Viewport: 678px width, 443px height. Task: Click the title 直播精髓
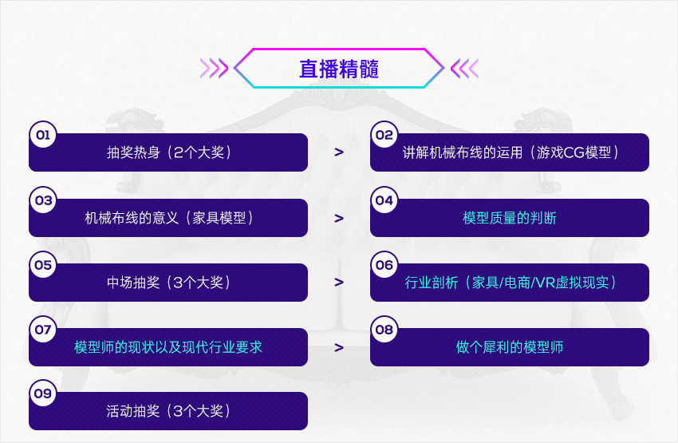pyautogui.click(x=339, y=69)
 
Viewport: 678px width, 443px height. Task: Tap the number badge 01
pyautogui.click(x=43, y=135)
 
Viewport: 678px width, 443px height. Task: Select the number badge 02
pyautogui.click(x=384, y=135)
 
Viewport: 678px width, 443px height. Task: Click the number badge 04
pyautogui.click(x=384, y=200)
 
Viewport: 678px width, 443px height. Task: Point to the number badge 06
pyautogui.click(x=384, y=264)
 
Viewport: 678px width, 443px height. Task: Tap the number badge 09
pyautogui.click(x=43, y=393)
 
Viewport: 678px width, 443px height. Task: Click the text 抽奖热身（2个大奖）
pyautogui.click(x=168, y=152)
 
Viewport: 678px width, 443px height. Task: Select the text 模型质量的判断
pyautogui.click(x=510, y=218)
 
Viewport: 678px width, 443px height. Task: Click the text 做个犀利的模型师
pyautogui.click(x=510, y=347)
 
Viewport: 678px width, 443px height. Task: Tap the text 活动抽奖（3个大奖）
pyautogui.click(x=168, y=411)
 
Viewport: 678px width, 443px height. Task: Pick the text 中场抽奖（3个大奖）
pyautogui.click(x=168, y=283)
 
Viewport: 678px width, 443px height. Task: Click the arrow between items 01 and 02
pyautogui.click(x=339, y=152)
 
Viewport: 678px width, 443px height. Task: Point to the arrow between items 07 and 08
pyautogui.click(x=339, y=347)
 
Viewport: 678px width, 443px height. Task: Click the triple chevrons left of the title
pyautogui.click(x=214, y=69)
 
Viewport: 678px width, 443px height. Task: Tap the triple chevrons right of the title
pyautogui.click(x=465, y=69)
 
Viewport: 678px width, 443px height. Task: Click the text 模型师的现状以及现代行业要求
pyautogui.click(x=168, y=347)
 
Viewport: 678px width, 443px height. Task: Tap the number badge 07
pyautogui.click(x=43, y=329)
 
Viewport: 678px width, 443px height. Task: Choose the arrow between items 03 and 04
pyautogui.click(x=339, y=219)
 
